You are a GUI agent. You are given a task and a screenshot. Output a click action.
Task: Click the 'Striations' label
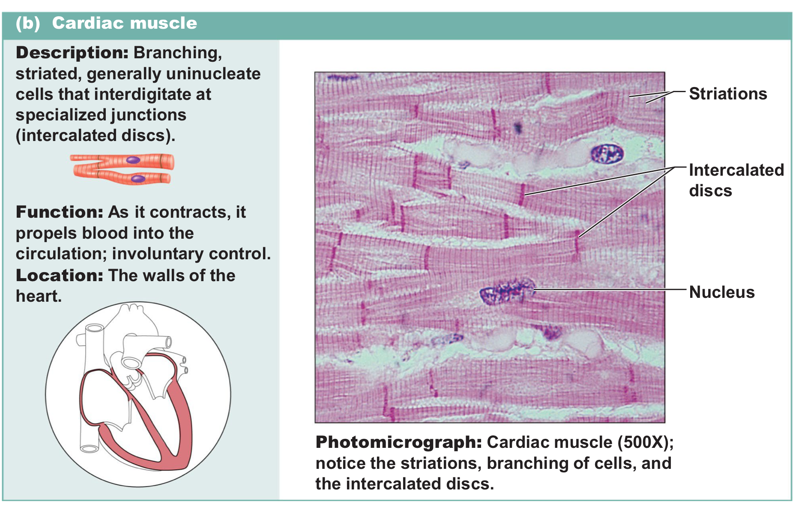click(x=727, y=94)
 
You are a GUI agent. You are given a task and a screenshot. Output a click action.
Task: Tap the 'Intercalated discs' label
click(x=736, y=180)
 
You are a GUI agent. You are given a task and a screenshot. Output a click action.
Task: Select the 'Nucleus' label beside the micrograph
click(x=721, y=292)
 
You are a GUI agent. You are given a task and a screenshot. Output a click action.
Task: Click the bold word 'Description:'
click(x=72, y=53)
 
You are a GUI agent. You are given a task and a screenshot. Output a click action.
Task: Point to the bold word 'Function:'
click(x=60, y=212)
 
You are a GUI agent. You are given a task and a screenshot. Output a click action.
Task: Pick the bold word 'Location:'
click(x=60, y=276)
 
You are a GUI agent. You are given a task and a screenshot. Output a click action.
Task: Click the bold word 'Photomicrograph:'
click(x=398, y=442)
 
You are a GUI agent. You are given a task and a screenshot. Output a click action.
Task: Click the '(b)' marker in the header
click(x=28, y=23)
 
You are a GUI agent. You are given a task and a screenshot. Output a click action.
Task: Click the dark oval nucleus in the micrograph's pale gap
click(x=606, y=154)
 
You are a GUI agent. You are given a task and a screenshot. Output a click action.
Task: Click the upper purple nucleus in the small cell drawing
click(x=133, y=160)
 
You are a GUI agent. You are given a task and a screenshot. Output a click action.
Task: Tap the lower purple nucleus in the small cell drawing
click(x=138, y=178)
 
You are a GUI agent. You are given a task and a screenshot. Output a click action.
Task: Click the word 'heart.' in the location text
click(x=39, y=296)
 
